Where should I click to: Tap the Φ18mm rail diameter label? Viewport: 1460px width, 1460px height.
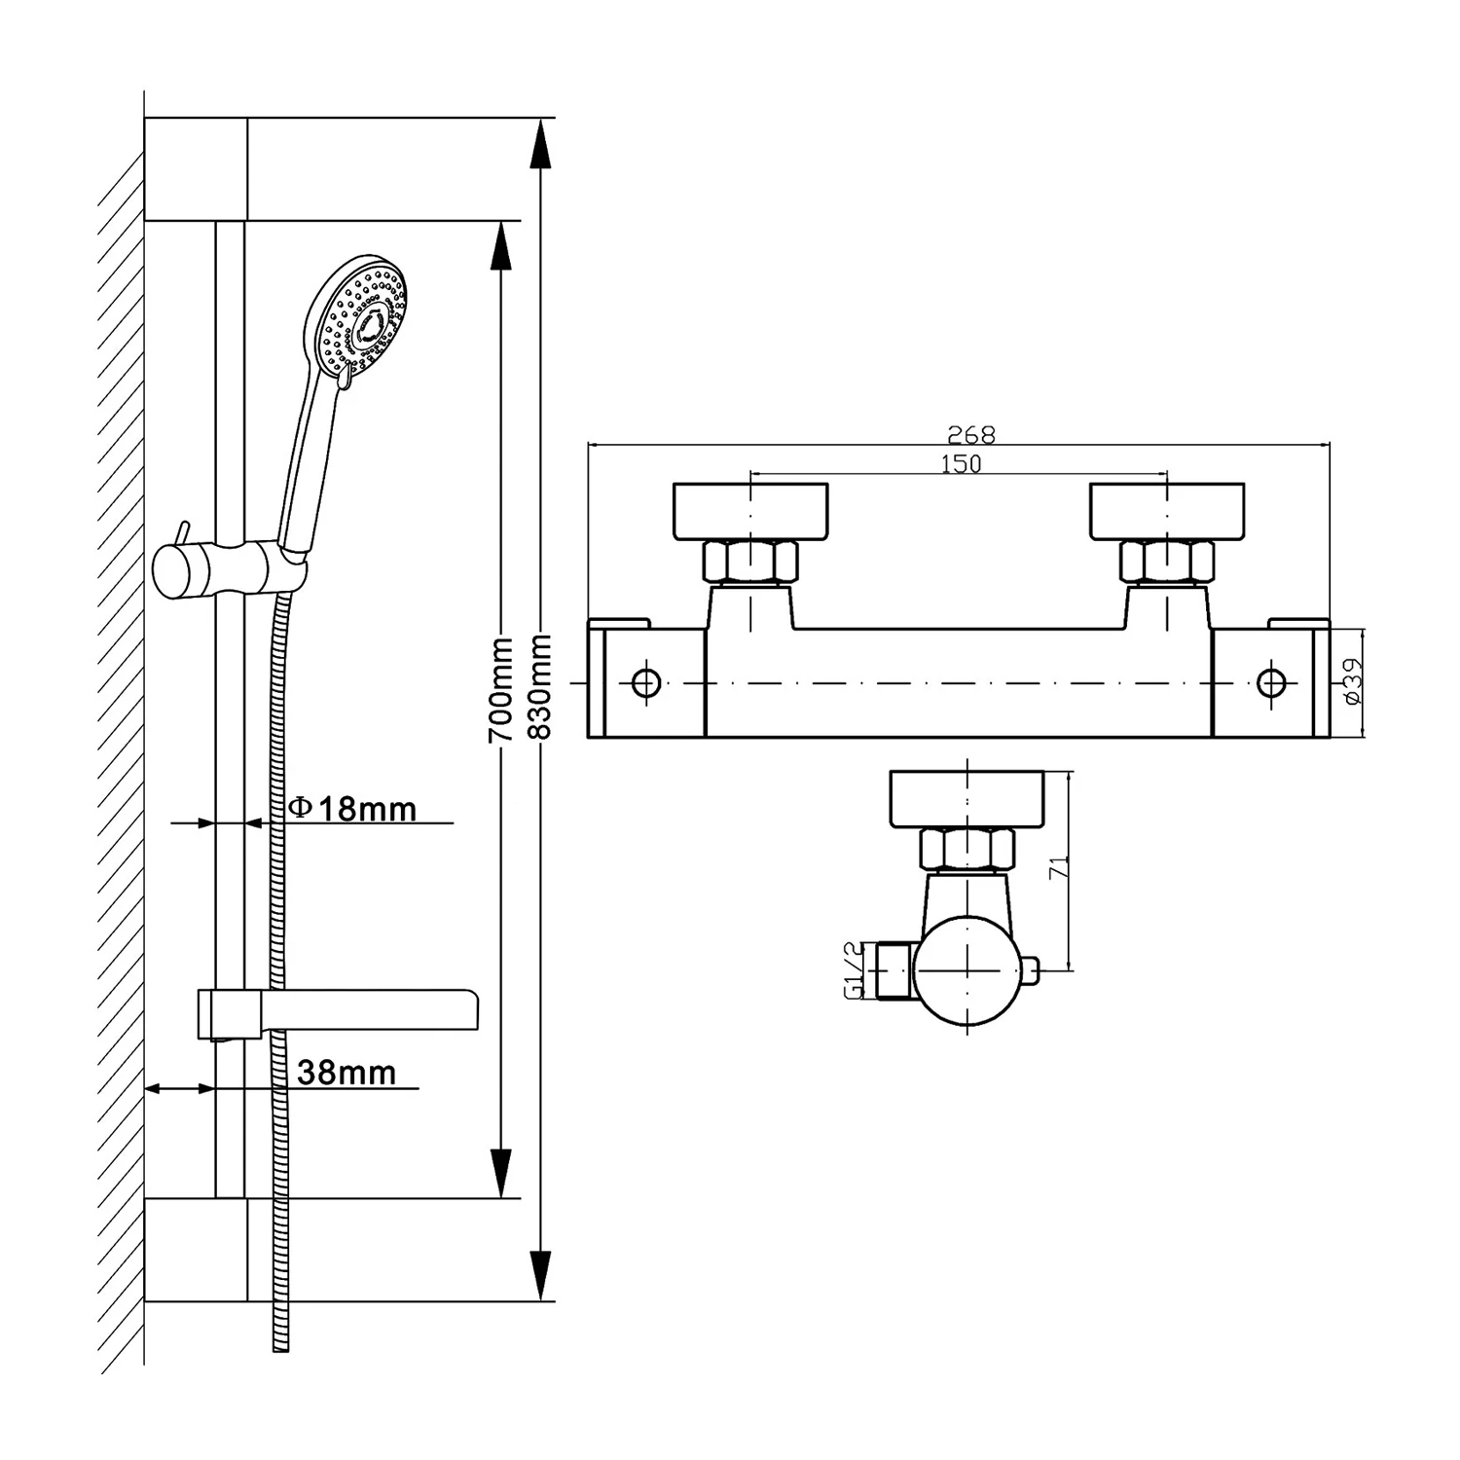point(354,808)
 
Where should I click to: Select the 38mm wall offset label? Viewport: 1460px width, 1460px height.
point(346,1073)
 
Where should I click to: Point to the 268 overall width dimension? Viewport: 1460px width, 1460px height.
point(970,434)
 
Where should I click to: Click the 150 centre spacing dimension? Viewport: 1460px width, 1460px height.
point(961,464)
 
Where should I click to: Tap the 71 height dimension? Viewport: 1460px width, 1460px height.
point(1059,867)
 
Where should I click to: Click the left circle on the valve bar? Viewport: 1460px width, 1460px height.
point(645,682)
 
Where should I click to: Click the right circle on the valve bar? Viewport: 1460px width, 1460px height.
point(1271,682)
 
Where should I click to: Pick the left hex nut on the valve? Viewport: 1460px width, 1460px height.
point(750,563)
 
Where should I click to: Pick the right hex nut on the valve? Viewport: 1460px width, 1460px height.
point(1167,563)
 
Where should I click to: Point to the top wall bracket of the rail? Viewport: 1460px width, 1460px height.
point(196,169)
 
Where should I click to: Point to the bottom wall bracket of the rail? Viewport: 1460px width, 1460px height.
point(196,1250)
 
